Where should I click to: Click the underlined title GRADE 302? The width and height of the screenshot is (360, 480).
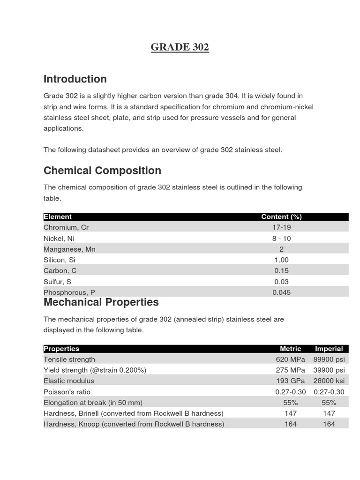click(x=180, y=47)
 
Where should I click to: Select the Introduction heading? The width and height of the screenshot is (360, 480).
click(x=75, y=79)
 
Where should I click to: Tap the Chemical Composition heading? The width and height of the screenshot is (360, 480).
click(x=102, y=170)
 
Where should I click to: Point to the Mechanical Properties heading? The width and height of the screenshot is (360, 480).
click(x=101, y=302)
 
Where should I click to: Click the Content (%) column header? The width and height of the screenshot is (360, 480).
click(x=281, y=217)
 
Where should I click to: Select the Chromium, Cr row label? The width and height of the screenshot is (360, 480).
click(x=66, y=227)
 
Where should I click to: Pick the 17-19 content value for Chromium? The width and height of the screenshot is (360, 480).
click(x=281, y=227)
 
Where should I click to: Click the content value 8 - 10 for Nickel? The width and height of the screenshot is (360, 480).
click(x=281, y=238)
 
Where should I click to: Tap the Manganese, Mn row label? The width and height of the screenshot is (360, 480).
click(x=69, y=249)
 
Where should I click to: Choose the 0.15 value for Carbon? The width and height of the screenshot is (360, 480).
click(x=281, y=270)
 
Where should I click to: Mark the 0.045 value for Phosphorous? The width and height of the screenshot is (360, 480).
click(x=281, y=292)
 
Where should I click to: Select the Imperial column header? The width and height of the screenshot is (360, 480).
click(x=329, y=349)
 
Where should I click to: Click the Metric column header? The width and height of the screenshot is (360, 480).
click(x=291, y=349)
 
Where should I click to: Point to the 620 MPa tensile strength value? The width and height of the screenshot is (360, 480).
click(x=291, y=360)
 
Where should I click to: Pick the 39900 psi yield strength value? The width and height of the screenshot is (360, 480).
click(x=329, y=370)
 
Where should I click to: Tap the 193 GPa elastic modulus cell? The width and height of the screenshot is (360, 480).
click(x=291, y=381)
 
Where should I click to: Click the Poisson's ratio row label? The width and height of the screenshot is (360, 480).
click(x=67, y=392)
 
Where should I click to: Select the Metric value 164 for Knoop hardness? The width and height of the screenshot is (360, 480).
click(x=291, y=424)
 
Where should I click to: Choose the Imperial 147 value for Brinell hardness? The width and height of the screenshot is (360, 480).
click(x=329, y=413)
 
